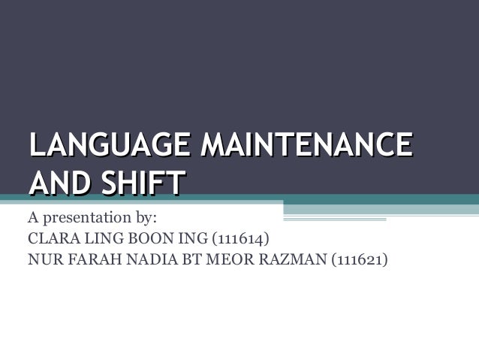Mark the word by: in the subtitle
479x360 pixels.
tap(143, 219)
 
